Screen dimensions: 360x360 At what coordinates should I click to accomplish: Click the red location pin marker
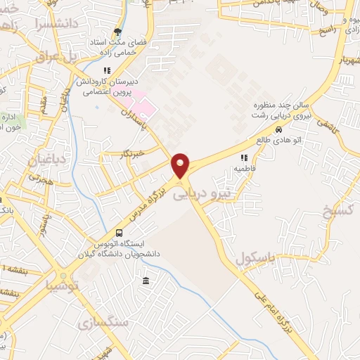[181, 166]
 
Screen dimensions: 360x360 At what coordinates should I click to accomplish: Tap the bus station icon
[119, 233]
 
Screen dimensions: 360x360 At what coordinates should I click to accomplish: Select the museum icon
[146, 281]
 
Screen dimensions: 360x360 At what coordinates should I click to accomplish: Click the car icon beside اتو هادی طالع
[279, 130]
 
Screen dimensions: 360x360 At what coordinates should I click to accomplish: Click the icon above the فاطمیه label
[244, 158]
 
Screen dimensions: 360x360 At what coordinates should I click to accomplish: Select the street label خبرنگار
[131, 153]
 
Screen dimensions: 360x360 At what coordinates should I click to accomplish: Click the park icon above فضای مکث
[117, 32]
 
